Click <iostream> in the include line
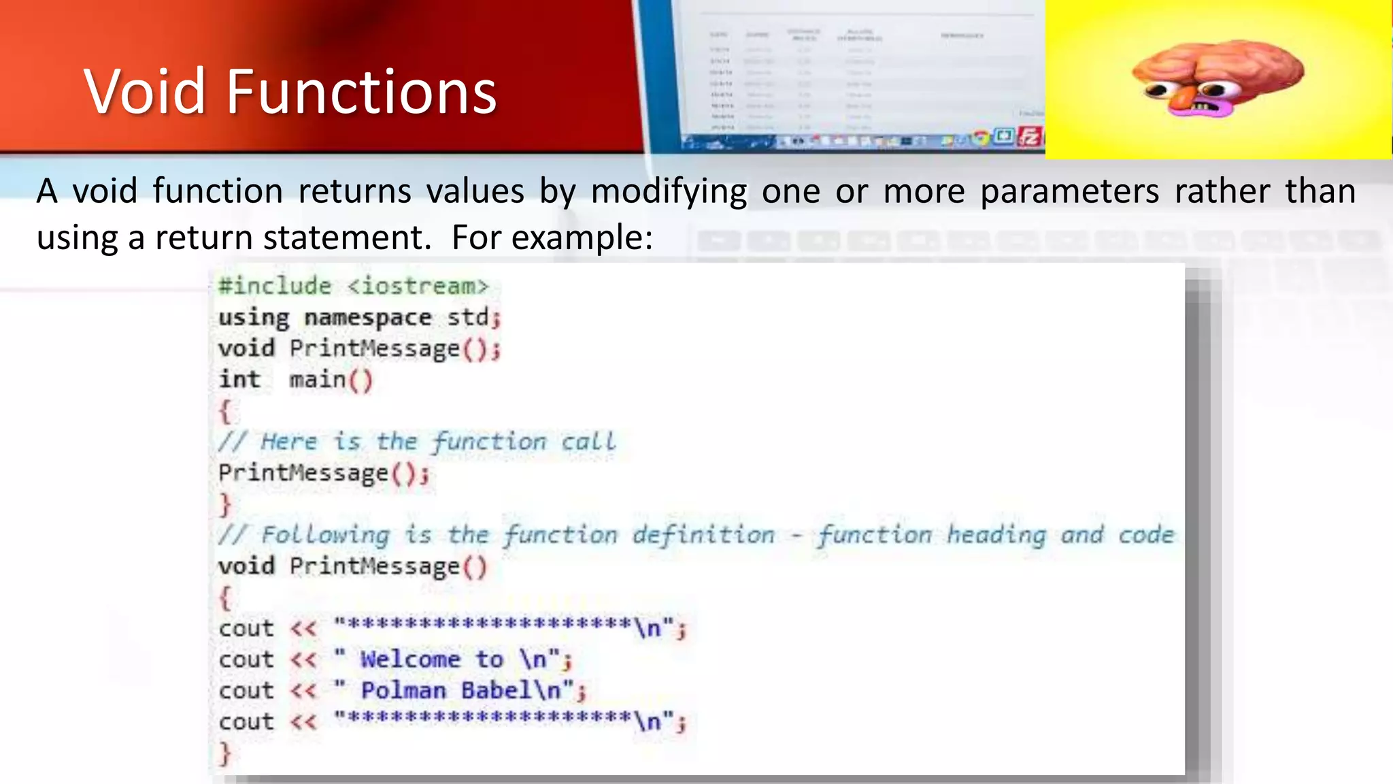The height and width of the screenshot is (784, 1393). click(x=418, y=286)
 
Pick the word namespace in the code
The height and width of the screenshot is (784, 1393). click(x=367, y=318)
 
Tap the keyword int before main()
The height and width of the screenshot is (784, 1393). click(x=239, y=380)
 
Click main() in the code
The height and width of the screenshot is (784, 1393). click(x=331, y=380)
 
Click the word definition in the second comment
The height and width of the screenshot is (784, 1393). click(x=703, y=535)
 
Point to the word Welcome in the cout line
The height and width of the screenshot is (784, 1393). click(x=410, y=659)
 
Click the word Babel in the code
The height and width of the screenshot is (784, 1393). click(x=496, y=691)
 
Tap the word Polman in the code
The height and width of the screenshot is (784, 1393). click(x=403, y=691)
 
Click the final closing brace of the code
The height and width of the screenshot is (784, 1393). click(x=225, y=753)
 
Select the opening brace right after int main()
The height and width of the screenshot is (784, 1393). click(x=225, y=411)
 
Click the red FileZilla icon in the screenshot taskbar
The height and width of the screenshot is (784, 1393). click(x=1030, y=137)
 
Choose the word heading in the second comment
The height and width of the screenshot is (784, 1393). click(x=996, y=535)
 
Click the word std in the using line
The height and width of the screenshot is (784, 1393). click(x=468, y=317)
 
